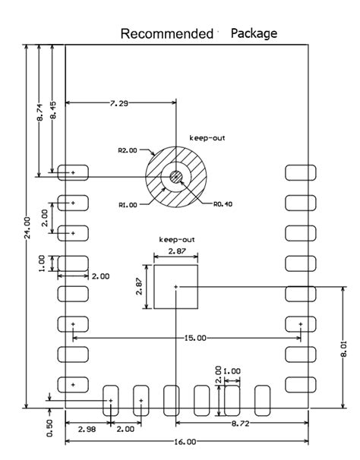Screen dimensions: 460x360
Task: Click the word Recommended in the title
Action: (x=166, y=34)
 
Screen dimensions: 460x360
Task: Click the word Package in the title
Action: (x=254, y=33)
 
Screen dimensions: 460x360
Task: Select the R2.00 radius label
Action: (x=128, y=150)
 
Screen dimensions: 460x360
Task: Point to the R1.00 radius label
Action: (x=128, y=204)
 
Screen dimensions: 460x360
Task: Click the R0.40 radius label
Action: (x=223, y=203)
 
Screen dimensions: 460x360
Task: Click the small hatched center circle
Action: (x=176, y=177)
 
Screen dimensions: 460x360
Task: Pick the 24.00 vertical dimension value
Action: (x=27, y=228)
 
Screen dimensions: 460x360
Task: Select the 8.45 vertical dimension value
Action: (x=52, y=110)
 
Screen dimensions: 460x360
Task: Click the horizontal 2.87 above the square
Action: (x=175, y=250)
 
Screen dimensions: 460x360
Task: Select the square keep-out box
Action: (x=175, y=286)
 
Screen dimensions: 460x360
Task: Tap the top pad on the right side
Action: (x=300, y=173)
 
